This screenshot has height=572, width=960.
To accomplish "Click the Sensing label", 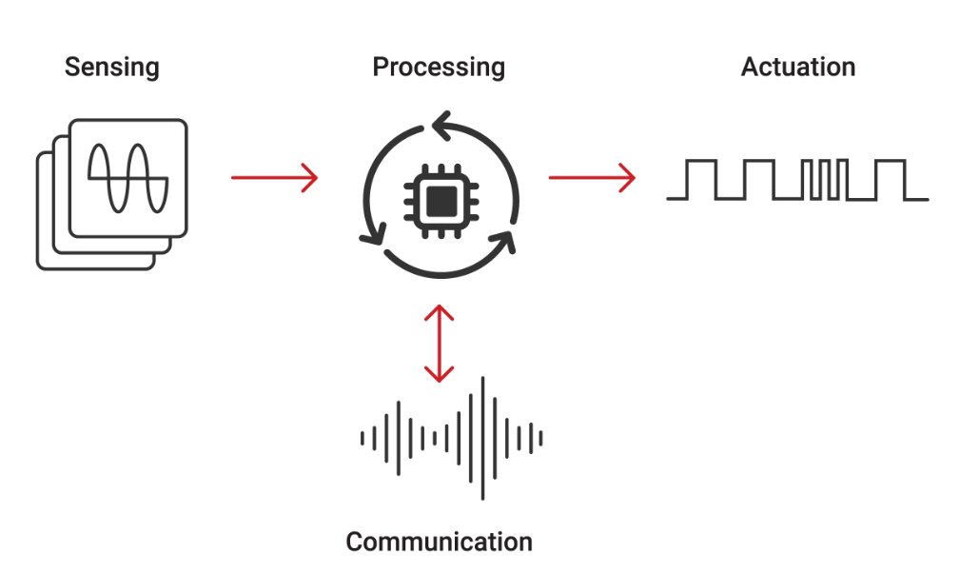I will click(x=111, y=68).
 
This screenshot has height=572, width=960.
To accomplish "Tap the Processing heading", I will click(x=438, y=68).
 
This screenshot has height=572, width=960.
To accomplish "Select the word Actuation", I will click(x=797, y=68).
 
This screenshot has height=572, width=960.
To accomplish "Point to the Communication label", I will click(x=439, y=542).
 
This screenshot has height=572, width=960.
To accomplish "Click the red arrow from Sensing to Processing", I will click(x=274, y=177).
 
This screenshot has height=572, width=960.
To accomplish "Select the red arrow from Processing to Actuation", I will click(x=591, y=177).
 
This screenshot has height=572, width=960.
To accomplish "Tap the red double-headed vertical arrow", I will click(x=439, y=344).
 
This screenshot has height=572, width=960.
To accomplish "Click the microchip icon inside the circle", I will click(x=439, y=199).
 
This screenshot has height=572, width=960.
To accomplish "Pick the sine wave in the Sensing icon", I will click(x=128, y=178).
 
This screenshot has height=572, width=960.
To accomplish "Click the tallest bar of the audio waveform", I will click(x=482, y=438).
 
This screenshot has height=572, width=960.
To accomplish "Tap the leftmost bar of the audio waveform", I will click(x=362, y=438).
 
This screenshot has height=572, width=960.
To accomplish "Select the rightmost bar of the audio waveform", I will click(x=540, y=438).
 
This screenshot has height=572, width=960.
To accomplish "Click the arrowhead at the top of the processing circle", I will click(x=441, y=122).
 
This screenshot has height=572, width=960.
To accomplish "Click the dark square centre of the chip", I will click(x=439, y=200).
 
